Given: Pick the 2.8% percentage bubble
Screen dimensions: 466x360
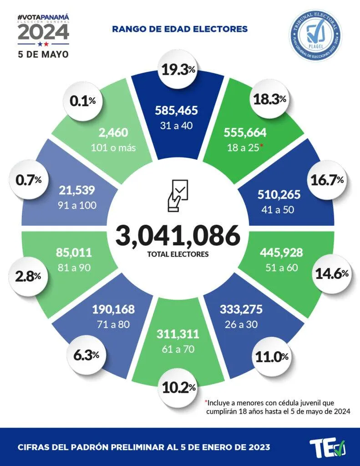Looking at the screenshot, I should coord(27,276).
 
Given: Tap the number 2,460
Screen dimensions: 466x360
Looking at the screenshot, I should coord(117,133).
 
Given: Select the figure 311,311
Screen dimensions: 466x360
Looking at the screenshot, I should coord(177,334).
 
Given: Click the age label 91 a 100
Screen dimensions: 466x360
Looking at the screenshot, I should coord(78,205).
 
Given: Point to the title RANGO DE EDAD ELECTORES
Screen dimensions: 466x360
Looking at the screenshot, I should coord(179,29).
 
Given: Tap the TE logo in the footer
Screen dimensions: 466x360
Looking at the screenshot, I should coord(327,447).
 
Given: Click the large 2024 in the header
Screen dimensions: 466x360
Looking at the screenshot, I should coord(43,32).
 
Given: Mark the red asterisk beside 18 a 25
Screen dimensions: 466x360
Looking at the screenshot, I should coord(262,146).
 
